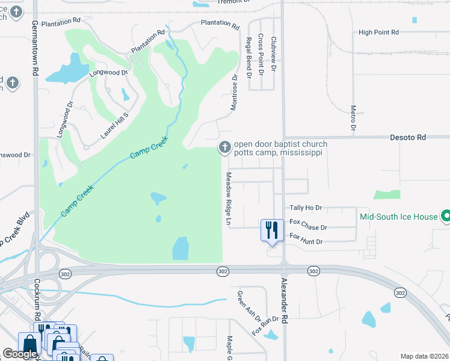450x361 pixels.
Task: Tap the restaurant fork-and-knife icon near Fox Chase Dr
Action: [272, 229]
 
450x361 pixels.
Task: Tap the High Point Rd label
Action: [378, 32]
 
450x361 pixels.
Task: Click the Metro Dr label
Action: [353, 118]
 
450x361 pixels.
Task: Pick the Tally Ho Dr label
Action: [306, 208]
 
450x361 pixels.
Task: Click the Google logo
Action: [19, 354]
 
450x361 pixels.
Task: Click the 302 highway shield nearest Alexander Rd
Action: [313, 272]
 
